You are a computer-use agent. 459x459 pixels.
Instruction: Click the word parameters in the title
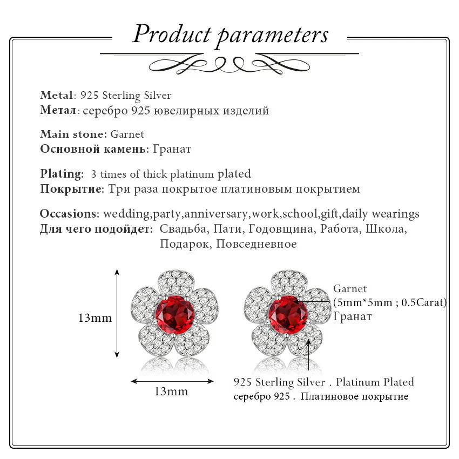point(273,35)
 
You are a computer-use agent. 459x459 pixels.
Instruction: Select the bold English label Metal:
point(58,96)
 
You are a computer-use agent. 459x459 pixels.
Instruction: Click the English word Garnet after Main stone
point(127,134)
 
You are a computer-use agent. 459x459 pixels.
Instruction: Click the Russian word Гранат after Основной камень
point(172,148)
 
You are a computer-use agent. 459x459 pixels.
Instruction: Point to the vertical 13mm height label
point(94,318)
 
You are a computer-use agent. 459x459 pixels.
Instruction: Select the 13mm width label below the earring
point(172,391)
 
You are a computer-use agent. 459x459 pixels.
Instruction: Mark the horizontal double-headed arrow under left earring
point(172,381)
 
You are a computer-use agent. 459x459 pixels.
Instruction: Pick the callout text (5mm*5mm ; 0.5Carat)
point(390,302)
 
